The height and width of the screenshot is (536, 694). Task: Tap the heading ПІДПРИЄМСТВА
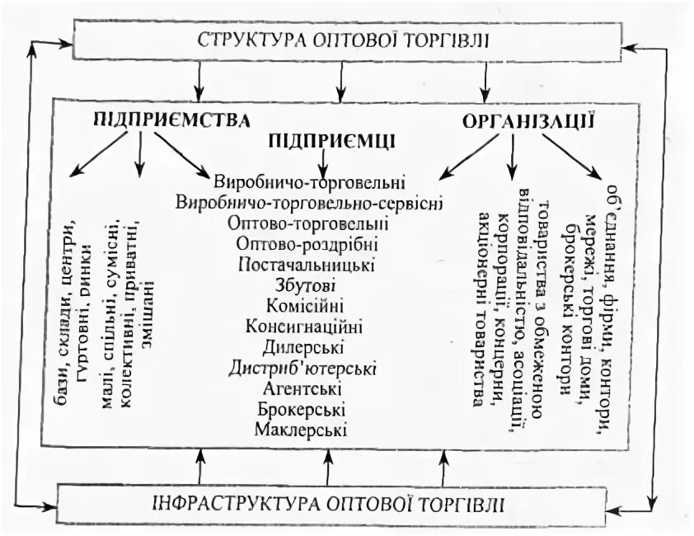[171, 120]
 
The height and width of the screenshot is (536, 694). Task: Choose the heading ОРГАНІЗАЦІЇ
[528, 120]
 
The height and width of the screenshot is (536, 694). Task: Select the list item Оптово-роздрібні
[307, 244]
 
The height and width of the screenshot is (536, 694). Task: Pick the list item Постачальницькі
[307, 265]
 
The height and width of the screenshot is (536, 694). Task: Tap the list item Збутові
[306, 284]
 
